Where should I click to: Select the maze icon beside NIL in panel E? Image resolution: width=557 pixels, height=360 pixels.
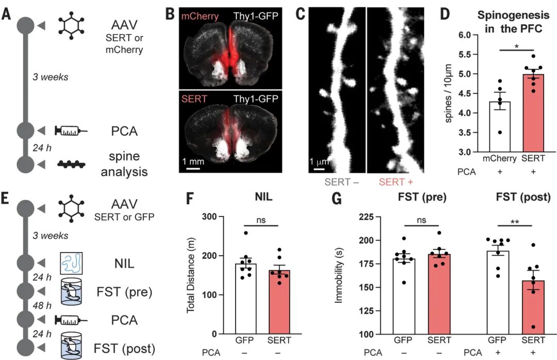click(71, 263)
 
